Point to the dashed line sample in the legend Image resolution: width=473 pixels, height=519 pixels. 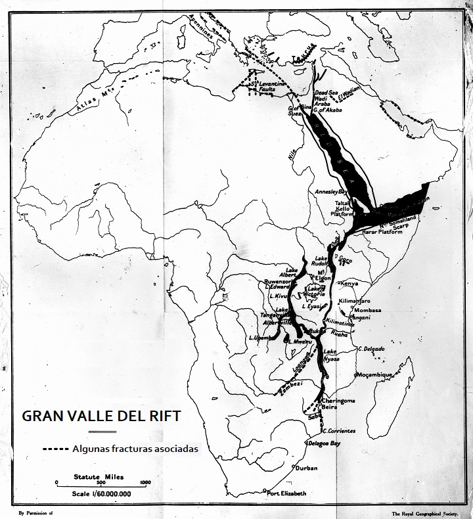pyautogui.click(x=55, y=449)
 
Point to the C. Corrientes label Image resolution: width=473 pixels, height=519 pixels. pyautogui.click(x=340, y=430)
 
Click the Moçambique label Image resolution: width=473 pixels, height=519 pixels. pyautogui.click(x=374, y=374)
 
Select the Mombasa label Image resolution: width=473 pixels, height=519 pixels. pyautogui.click(x=367, y=309)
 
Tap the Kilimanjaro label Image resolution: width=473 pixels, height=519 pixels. pyautogui.click(x=356, y=300)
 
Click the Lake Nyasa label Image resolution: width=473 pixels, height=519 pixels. pyautogui.click(x=335, y=355)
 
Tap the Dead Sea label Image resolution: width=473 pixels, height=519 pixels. pyautogui.click(x=327, y=93)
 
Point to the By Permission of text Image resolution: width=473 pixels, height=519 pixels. pyautogui.click(x=35, y=512)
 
